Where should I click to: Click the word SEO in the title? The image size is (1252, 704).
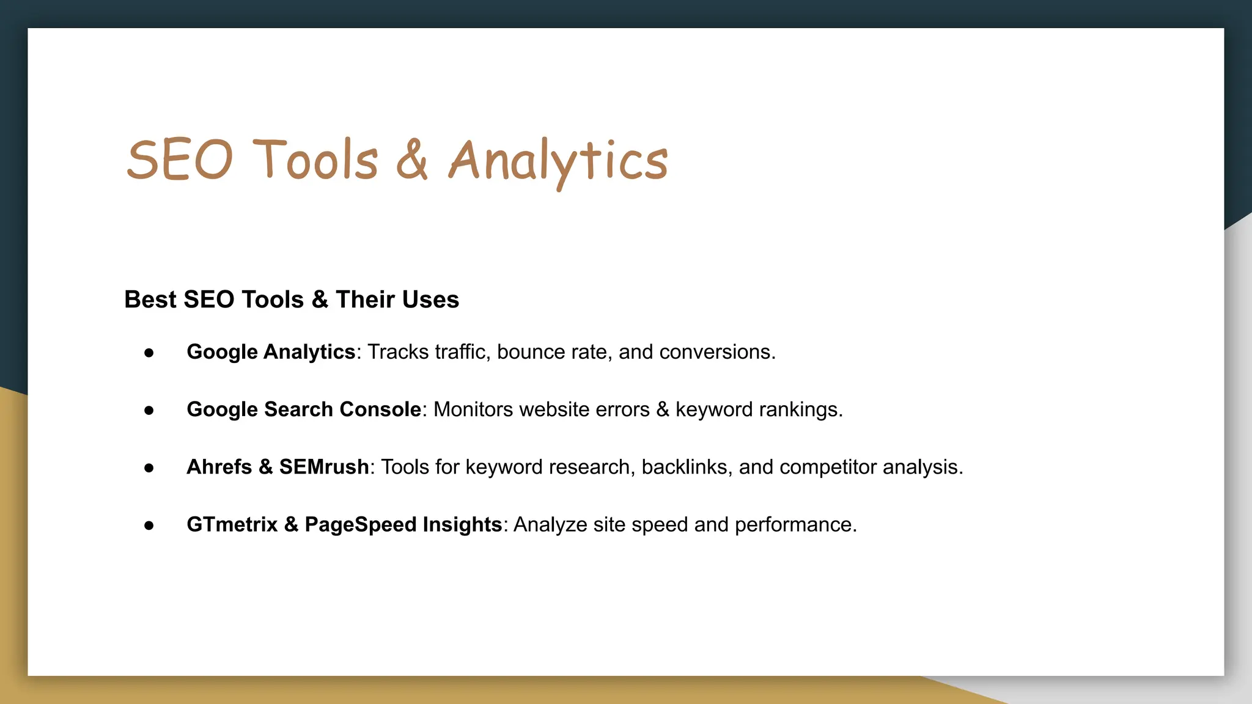tap(179, 160)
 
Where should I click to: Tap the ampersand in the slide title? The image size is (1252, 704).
tap(412, 160)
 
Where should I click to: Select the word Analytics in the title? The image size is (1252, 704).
tap(558, 161)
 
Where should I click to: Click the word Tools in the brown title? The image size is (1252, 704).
tap(315, 160)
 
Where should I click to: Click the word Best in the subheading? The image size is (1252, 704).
tap(150, 300)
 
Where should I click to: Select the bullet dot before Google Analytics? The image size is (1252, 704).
tap(149, 353)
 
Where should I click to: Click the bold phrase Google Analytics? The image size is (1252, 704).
tap(271, 353)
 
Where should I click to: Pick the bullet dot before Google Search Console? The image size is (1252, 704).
tap(149, 411)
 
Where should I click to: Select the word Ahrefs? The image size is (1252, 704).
tap(219, 468)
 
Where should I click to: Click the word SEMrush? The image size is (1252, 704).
tap(323, 468)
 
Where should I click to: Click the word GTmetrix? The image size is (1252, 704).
tap(232, 525)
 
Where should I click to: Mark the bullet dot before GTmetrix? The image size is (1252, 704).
tap(149, 526)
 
